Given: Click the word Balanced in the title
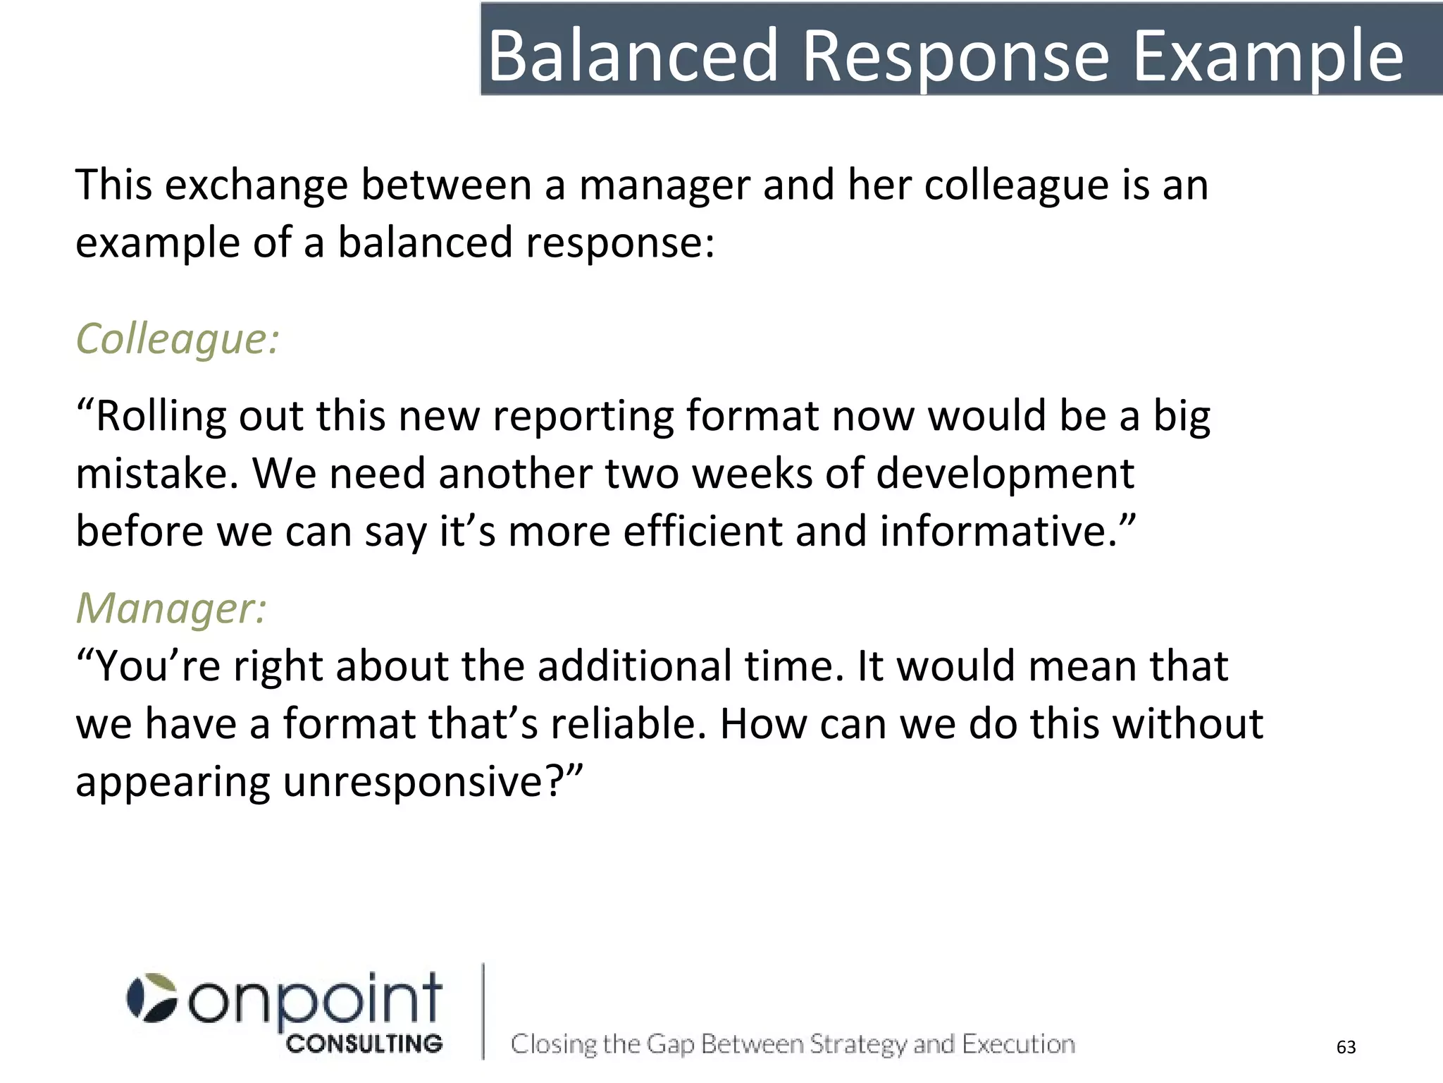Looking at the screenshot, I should (x=632, y=56).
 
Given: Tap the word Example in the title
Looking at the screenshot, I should (x=1268, y=56).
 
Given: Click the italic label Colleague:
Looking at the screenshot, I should (x=177, y=339).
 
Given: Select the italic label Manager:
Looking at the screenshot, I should (x=171, y=608).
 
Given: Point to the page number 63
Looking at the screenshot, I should (x=1346, y=1047).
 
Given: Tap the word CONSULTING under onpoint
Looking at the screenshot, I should (x=364, y=1044).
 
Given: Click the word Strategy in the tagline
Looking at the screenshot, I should (x=857, y=1044).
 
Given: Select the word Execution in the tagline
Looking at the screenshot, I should (x=1019, y=1044).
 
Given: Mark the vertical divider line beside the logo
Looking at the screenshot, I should (x=483, y=1011).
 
